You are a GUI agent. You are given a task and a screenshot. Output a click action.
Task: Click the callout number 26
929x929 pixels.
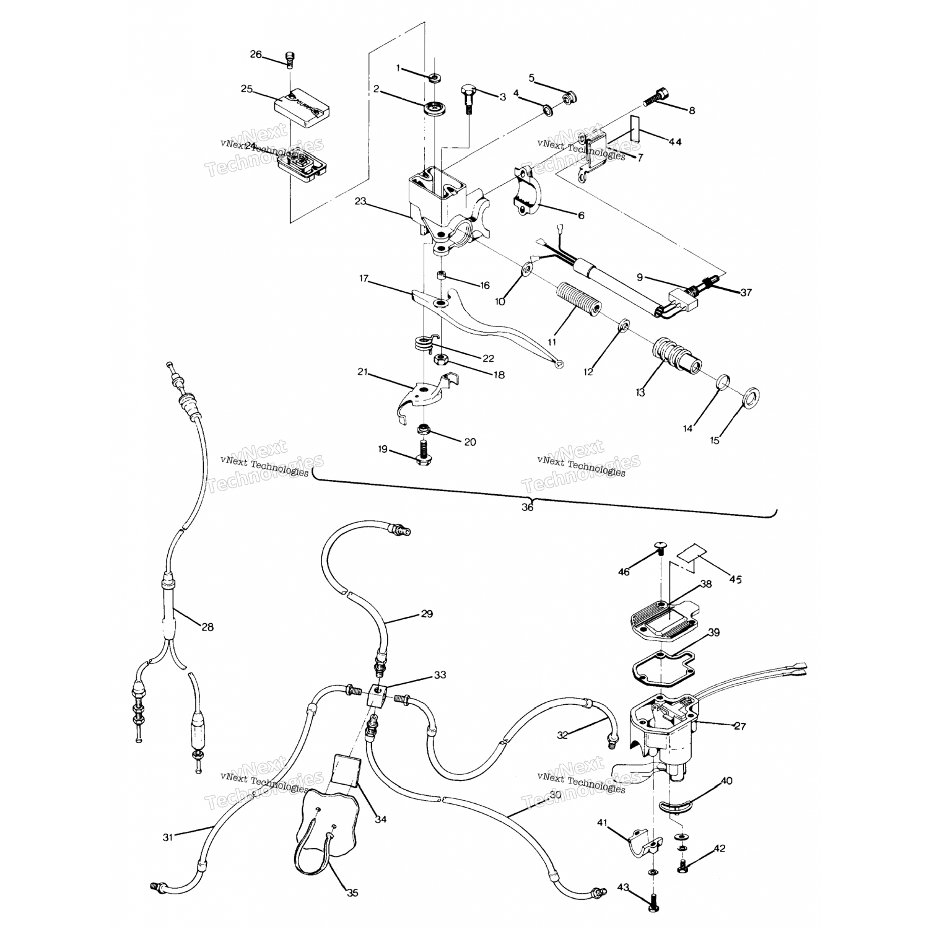(256, 54)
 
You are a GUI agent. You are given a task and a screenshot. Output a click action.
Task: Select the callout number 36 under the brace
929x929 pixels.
(528, 507)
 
